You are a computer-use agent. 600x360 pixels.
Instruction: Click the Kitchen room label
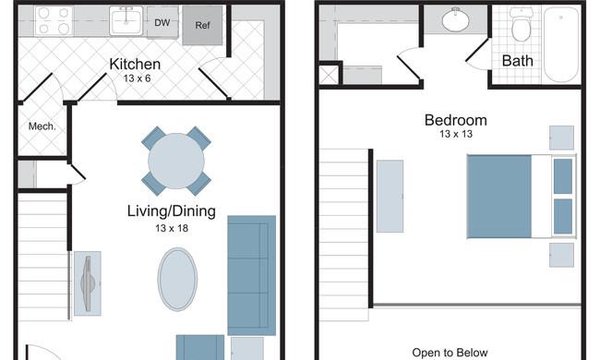(135, 64)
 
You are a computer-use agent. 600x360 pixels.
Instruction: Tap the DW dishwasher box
(162, 22)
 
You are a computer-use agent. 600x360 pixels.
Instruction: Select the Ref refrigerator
(202, 25)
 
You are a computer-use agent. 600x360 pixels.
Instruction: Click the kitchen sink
(126, 20)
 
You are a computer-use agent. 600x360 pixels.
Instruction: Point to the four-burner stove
(54, 21)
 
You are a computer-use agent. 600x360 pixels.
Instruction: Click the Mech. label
(42, 126)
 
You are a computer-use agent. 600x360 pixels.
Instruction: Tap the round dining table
(176, 161)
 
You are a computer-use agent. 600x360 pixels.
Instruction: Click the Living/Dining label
(172, 211)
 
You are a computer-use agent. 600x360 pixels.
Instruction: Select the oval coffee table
(177, 280)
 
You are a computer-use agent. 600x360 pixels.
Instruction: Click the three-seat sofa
(252, 275)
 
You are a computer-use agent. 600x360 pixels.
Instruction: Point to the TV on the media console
(88, 283)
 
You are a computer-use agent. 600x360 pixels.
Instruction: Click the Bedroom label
(456, 120)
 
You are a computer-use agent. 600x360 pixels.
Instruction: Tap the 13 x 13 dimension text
(456, 134)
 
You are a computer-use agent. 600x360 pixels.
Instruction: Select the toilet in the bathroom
(521, 25)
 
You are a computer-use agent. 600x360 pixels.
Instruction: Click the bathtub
(561, 44)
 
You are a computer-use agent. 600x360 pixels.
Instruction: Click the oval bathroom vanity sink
(456, 19)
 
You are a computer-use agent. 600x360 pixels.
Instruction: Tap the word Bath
(517, 61)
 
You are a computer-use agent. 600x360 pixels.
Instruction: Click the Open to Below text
(450, 353)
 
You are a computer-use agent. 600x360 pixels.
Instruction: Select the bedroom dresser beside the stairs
(390, 197)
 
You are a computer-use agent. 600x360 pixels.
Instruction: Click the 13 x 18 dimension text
(172, 228)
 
